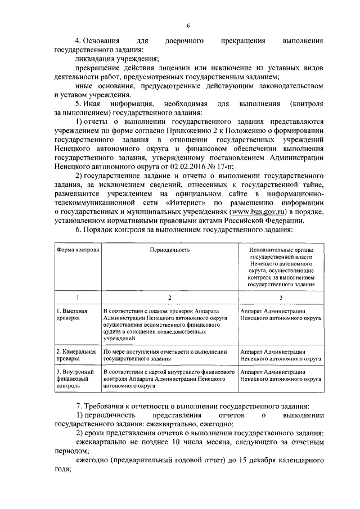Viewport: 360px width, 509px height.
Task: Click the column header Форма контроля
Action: coord(78,249)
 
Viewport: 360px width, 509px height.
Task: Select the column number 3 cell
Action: coord(280,297)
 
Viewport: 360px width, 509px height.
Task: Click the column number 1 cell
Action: coord(78,297)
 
